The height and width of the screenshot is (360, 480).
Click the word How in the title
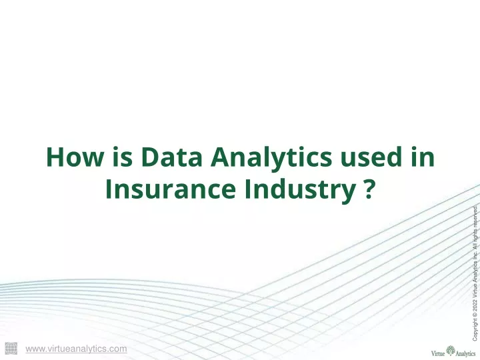tap(75, 157)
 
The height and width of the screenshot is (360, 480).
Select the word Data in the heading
tap(171, 157)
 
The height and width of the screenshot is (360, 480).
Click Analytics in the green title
tap(271, 158)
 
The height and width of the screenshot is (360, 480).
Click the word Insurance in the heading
tap(171, 189)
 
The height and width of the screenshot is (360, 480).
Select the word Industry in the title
tap(300, 191)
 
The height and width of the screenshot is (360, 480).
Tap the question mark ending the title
tap(369, 189)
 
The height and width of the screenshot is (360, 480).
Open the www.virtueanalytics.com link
tap(76, 349)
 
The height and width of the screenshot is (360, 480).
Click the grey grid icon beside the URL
tap(11, 349)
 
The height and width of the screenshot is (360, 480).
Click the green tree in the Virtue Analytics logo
tap(450, 351)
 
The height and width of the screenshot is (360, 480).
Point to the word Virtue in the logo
tap(438, 353)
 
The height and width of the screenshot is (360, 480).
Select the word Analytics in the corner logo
tap(465, 354)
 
